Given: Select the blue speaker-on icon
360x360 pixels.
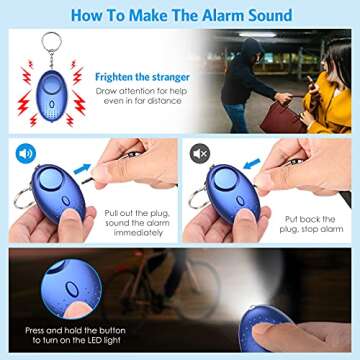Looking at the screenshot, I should tap(24, 153).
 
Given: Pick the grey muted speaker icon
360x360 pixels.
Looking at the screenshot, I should tap(200, 153).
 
